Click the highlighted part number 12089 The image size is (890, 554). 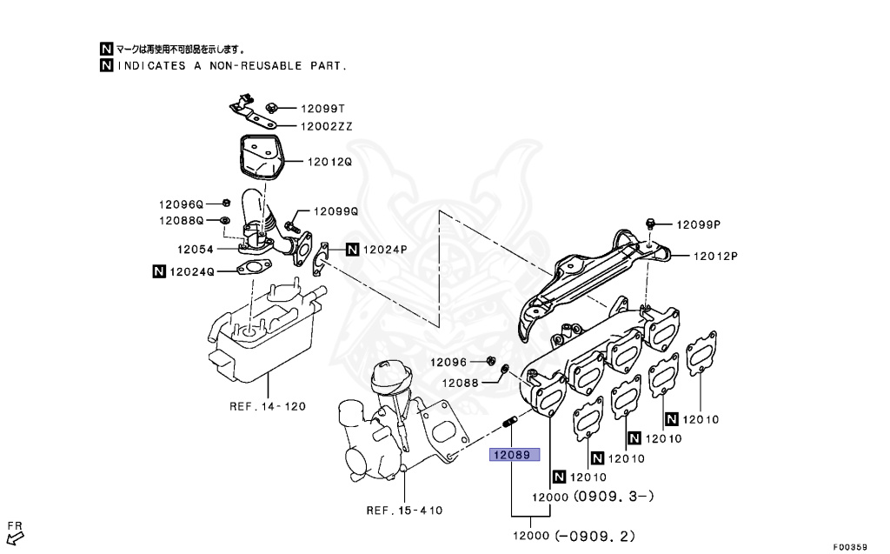(514, 454)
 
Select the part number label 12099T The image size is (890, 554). (322, 110)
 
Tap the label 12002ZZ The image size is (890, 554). (327, 126)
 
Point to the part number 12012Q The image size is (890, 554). (329, 162)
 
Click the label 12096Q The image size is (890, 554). (180, 204)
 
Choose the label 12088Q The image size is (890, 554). (180, 221)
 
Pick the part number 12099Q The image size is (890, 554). (335, 211)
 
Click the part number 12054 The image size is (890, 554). (197, 249)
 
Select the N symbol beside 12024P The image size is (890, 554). (352, 250)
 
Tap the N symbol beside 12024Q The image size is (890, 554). (159, 271)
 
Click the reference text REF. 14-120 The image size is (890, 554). (268, 406)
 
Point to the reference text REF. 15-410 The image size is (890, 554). (405, 511)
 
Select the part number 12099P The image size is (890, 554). (699, 224)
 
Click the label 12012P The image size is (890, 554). (714, 257)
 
